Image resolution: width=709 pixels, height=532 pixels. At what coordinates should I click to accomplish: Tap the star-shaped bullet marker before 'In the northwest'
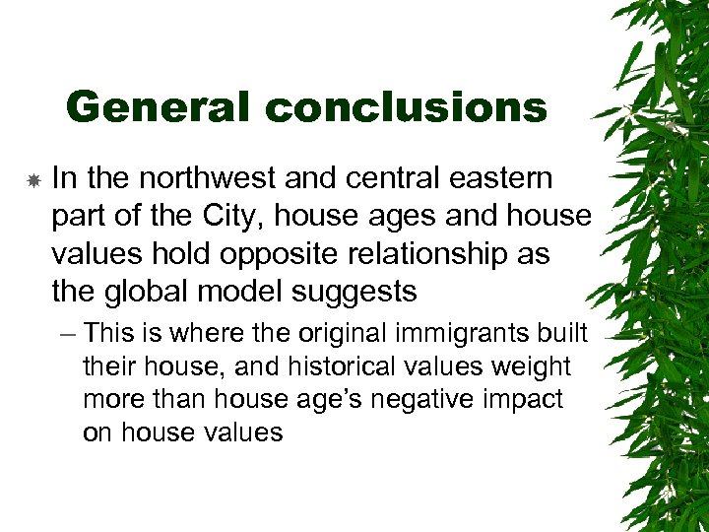(x=32, y=180)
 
